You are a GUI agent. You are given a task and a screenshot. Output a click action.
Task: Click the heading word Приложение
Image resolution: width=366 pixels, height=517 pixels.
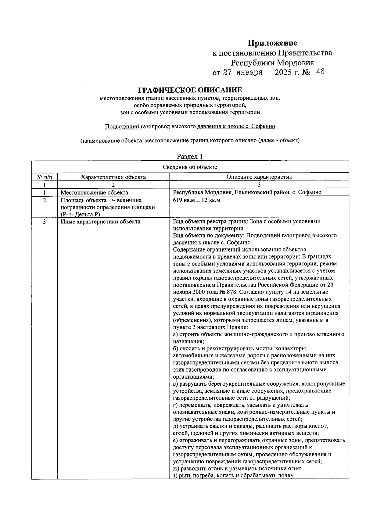pyautogui.click(x=272, y=43)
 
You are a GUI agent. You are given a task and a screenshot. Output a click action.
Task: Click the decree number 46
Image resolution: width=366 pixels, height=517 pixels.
pyautogui.click(x=320, y=72)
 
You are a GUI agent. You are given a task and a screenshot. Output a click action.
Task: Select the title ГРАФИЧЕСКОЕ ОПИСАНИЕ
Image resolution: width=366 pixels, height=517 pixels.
pyautogui.click(x=190, y=90)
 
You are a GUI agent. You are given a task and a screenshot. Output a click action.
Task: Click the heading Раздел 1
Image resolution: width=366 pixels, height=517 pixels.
pyautogui.click(x=190, y=157)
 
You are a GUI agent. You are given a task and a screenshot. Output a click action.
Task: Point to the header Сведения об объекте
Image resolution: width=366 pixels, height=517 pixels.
pyautogui.click(x=190, y=167)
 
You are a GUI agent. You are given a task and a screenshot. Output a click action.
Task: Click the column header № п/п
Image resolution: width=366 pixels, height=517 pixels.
pyautogui.click(x=45, y=177)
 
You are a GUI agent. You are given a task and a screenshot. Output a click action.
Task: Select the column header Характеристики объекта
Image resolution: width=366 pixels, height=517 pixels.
pyautogui.click(x=113, y=177)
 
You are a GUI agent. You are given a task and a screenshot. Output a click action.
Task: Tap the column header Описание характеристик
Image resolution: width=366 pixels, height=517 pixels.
pyautogui.click(x=259, y=177)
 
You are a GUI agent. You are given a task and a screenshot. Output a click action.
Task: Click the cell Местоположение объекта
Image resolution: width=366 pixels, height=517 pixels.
pyautogui.click(x=94, y=193)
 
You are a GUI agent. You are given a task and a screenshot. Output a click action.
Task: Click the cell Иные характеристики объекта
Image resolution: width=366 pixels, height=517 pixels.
pyautogui.click(x=100, y=222)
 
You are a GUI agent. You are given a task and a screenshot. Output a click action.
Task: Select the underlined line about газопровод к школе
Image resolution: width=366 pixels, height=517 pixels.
pyautogui.click(x=190, y=127)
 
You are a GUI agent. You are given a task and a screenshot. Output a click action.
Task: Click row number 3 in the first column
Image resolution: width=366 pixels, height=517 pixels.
pyautogui.click(x=45, y=222)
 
